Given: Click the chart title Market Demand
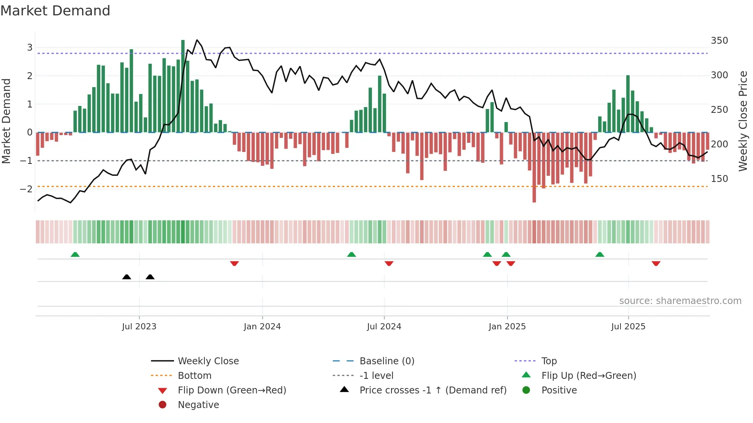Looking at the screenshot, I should [55, 11].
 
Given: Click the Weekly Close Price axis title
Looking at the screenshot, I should [743, 121].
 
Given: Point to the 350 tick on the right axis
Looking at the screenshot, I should [719, 41].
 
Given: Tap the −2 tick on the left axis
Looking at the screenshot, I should [26, 189].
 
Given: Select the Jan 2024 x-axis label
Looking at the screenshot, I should [262, 327].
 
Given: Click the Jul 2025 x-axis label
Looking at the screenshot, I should [628, 327].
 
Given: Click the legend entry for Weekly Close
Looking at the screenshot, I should [208, 361].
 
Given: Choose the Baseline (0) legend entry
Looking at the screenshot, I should [386, 361].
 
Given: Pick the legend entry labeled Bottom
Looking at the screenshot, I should [194, 376].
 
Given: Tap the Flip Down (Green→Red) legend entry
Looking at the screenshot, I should [232, 390].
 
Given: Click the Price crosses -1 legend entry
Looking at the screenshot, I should [433, 390].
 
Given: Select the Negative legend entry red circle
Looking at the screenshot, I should [163, 405].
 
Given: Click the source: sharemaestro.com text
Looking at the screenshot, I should [680, 301].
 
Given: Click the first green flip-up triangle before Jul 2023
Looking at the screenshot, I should [75, 254].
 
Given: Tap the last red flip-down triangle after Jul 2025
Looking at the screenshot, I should [656, 263].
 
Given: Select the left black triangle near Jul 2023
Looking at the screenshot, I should [126, 277].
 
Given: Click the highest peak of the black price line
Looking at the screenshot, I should [197, 40].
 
